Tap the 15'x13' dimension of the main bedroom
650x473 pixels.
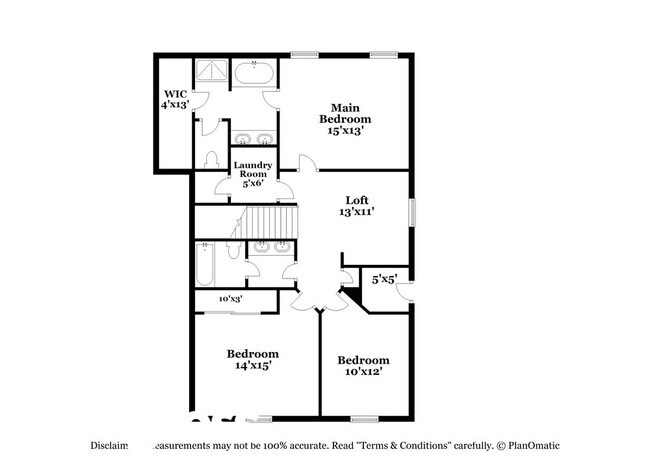(345, 130)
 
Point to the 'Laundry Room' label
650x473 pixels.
(251, 169)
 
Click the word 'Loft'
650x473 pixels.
(358, 199)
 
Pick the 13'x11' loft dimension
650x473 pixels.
(358, 212)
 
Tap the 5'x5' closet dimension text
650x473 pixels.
(385, 279)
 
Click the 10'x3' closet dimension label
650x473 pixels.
(231, 299)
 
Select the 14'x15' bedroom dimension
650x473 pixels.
(252, 366)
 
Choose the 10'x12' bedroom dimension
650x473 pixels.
(362, 372)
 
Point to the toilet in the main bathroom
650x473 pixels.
(211, 160)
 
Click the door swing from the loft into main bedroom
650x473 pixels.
(307, 164)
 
